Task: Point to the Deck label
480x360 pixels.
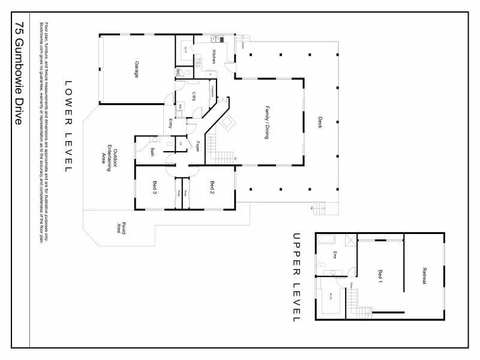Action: point(320,122)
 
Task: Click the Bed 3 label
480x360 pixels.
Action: point(154,187)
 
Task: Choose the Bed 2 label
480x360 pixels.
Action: point(212,187)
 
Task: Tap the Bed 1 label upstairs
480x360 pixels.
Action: point(380,276)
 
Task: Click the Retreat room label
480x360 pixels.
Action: point(424,275)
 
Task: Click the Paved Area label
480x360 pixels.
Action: point(121,228)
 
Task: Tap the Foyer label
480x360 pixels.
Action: point(197,146)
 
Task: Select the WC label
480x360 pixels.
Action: point(178,73)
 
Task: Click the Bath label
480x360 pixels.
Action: point(152,151)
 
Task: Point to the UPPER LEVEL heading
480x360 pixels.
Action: point(295,277)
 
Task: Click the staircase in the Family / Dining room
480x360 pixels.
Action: point(219,150)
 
